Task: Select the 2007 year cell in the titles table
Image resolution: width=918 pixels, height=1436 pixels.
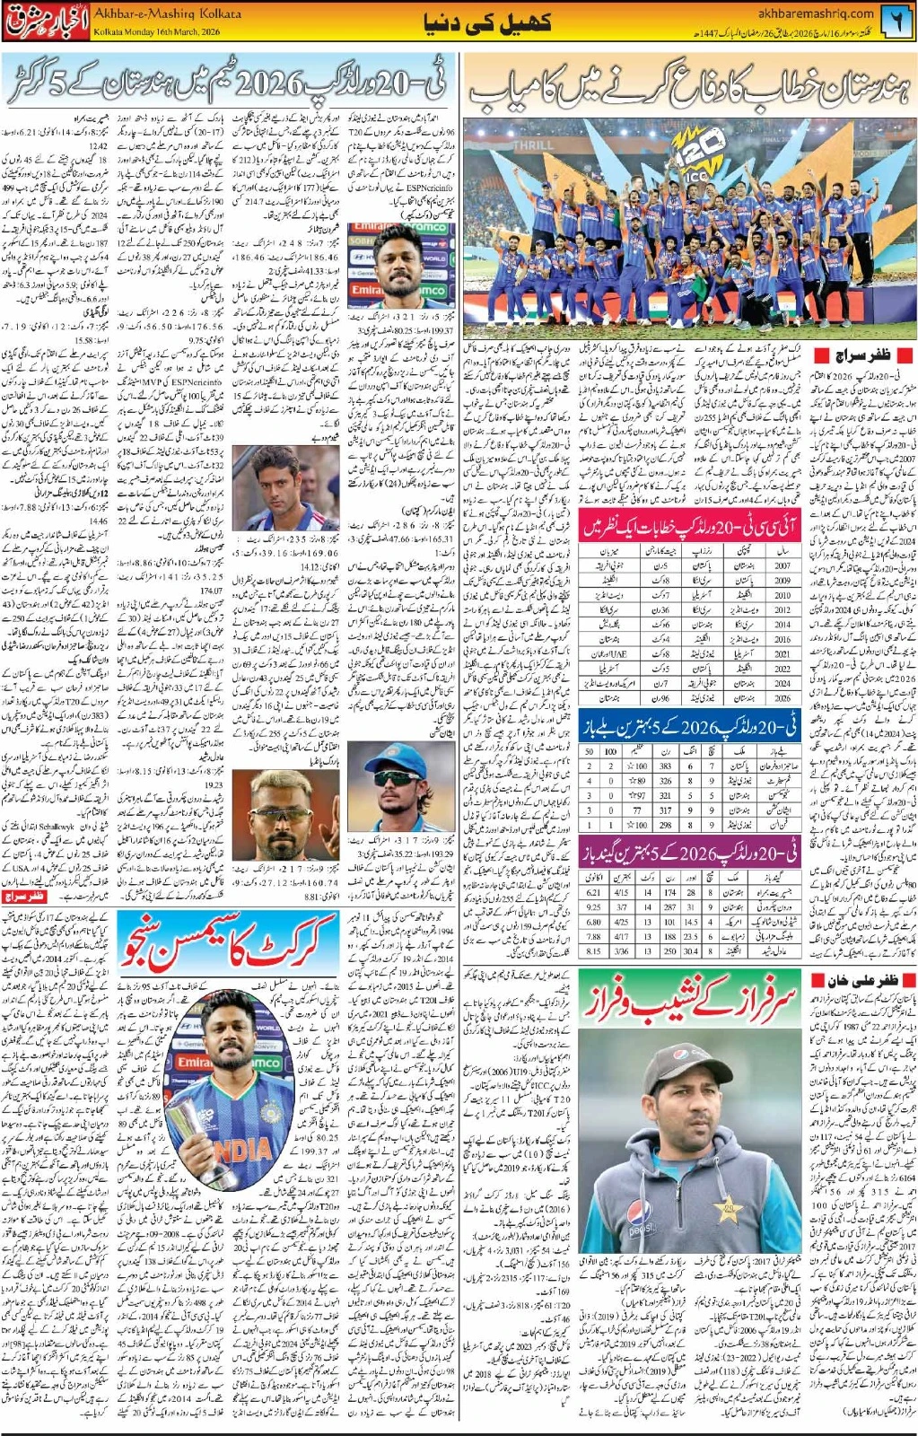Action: [782, 565]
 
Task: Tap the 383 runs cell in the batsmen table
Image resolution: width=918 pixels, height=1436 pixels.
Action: [665, 766]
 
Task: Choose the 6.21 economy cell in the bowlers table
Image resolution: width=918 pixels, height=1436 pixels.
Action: [593, 892]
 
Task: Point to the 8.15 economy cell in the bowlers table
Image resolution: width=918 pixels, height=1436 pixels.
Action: [593, 950]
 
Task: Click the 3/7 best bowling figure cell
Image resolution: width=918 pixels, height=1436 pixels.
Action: [621, 907]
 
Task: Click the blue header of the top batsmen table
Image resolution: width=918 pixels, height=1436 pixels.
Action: [689, 725]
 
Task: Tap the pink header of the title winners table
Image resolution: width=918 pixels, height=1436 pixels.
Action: [689, 526]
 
